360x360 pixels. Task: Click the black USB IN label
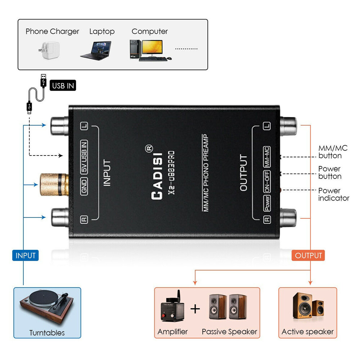tap(63, 85)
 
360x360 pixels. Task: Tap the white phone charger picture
tap(49, 50)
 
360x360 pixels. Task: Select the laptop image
tap(96, 51)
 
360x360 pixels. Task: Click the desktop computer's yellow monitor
tap(152, 48)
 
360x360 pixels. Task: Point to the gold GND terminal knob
tap(54, 185)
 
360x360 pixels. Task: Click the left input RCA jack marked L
tap(59, 126)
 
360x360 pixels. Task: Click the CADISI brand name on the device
tap(157, 176)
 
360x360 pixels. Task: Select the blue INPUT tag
tap(25, 255)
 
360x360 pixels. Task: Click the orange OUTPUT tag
tap(308, 255)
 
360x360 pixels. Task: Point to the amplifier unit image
tap(172, 306)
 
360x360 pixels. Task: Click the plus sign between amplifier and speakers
tap(195, 309)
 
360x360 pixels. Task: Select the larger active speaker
tap(303, 305)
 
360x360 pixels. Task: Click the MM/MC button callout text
tap(333, 152)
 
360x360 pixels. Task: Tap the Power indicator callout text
tap(334, 194)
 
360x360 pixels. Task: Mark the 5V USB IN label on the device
tap(84, 157)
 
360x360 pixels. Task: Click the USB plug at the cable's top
tap(44, 80)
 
